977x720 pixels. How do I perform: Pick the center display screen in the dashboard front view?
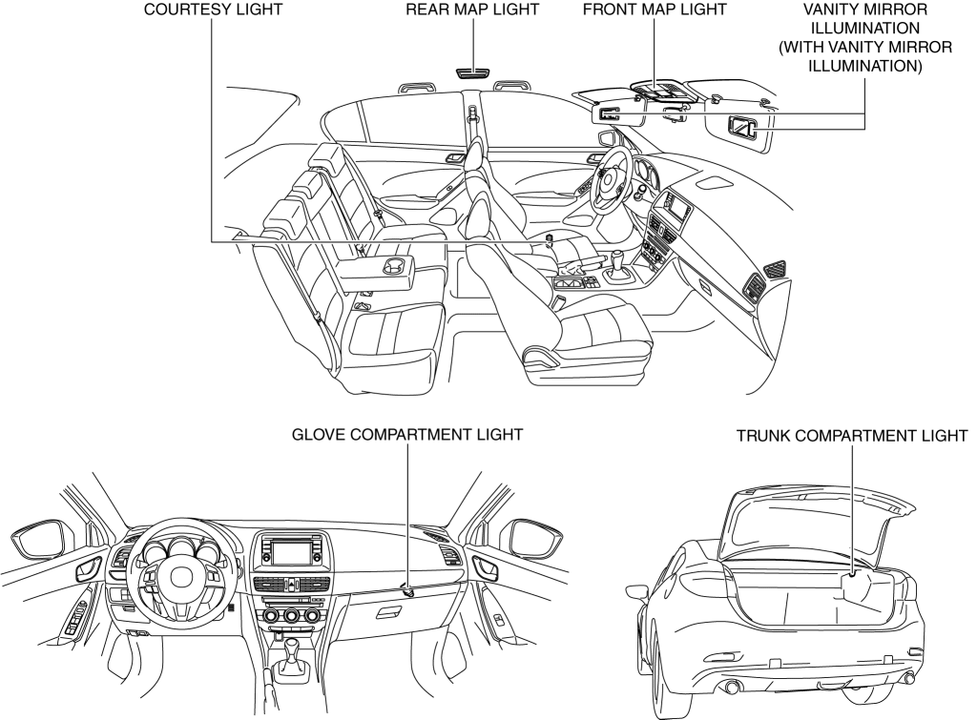click(x=289, y=551)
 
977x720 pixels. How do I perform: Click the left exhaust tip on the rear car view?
click(x=734, y=688)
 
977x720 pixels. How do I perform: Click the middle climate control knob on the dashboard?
click(x=290, y=617)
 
